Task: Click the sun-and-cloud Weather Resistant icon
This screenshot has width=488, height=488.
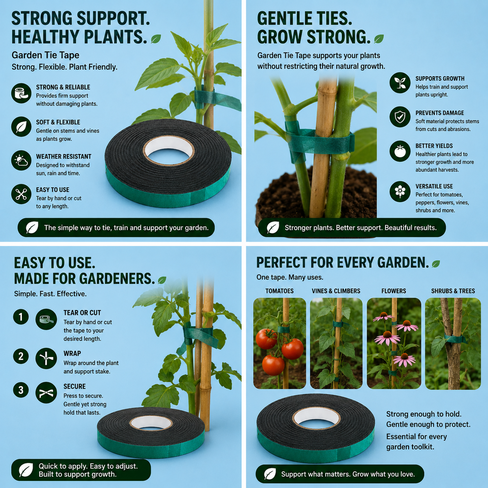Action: pos(21,161)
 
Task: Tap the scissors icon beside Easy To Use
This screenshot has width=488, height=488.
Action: pos(21,194)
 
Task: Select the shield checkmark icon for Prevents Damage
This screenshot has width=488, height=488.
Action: pos(400,117)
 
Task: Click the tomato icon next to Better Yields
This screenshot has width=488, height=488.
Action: pos(400,151)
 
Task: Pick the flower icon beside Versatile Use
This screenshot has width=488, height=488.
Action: pos(400,191)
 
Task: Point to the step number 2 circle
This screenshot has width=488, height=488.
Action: pos(21,356)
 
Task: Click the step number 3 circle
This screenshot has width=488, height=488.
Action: pos(21,390)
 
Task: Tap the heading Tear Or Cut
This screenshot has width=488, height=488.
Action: pos(82,313)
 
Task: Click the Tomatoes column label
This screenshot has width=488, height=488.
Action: pos(279,291)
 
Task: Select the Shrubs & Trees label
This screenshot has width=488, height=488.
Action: pos(453,291)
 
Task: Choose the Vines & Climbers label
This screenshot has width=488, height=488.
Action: pos(336,291)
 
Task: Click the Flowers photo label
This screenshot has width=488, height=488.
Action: pos(393,291)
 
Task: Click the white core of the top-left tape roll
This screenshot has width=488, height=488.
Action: pos(169,150)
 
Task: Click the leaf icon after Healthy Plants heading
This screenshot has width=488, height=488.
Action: pos(156,39)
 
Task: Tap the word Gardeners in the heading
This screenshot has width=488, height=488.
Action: pos(116,279)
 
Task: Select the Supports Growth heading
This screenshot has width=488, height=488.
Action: pos(440,79)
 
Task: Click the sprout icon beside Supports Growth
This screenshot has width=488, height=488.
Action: pos(400,83)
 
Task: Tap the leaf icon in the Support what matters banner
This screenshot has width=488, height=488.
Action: pos(270,474)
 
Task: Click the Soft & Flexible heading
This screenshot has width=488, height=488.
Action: pos(58,122)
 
